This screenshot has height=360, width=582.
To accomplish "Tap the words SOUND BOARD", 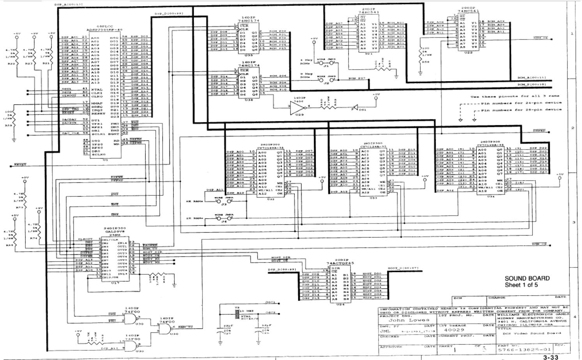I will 527,278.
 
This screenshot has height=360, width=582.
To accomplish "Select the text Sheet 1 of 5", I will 521,285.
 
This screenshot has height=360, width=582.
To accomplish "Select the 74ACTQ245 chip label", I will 340,263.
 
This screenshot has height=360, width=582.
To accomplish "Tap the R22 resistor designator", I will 12,63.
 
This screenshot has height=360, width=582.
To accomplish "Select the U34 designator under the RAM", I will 491,196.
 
